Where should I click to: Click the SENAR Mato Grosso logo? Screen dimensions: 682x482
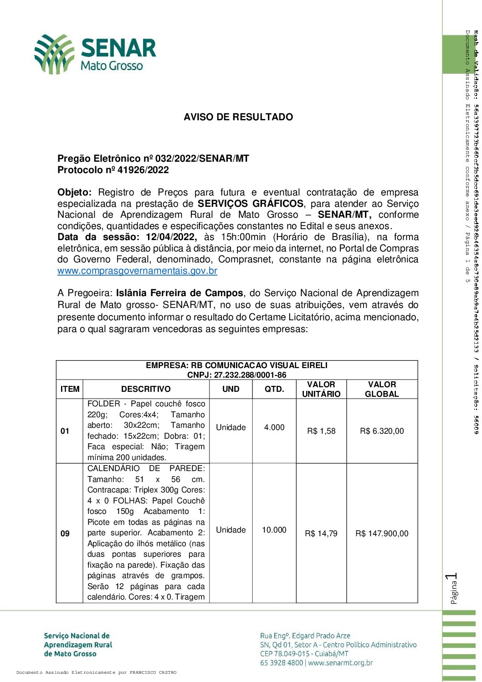click(95, 54)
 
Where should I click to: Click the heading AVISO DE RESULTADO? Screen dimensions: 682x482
click(238, 117)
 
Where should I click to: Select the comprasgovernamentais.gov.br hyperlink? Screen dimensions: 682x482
click(137, 271)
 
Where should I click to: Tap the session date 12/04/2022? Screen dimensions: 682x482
click(171, 237)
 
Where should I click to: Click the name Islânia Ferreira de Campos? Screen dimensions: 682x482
click(179, 293)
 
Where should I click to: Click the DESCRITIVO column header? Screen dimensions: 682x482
click(146, 389)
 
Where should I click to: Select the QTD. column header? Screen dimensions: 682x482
click(274, 389)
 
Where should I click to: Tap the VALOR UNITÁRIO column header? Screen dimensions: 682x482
click(321, 389)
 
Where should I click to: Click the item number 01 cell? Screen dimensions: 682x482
click(65, 431)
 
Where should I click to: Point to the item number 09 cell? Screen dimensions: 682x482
click(65, 533)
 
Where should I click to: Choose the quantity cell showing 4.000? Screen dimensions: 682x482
click(274, 427)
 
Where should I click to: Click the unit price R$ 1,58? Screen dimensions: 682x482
click(321, 431)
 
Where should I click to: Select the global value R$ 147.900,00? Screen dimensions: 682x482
click(382, 533)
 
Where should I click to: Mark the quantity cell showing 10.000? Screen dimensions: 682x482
click(274, 530)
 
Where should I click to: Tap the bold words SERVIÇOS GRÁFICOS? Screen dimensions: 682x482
click(250, 204)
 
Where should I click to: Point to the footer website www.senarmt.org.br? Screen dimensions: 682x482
click(340, 663)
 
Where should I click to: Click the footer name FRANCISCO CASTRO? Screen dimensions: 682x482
click(153, 672)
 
